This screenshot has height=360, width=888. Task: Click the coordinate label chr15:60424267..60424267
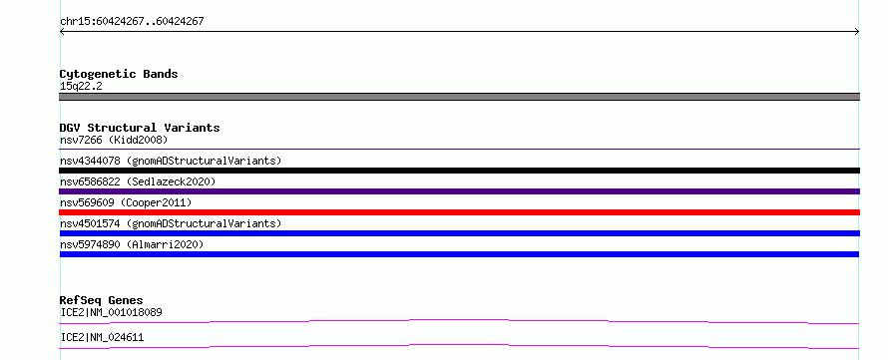pos(132,22)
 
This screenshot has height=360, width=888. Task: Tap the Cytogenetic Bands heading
pos(119,74)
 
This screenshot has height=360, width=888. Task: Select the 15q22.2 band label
pos(81,87)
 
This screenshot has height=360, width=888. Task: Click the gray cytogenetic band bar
pos(459,97)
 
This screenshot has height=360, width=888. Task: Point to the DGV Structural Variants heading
pos(140,128)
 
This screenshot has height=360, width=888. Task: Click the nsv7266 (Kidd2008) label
pos(114,140)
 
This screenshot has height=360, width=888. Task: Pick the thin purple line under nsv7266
pos(459,150)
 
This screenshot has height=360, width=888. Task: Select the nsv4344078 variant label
pos(171,161)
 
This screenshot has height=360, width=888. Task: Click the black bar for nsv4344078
pos(459,171)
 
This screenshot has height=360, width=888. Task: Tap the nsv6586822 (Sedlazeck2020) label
pos(138,181)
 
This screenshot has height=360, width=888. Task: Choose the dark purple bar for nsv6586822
pos(459,191)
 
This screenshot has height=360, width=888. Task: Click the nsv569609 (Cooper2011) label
pos(126,202)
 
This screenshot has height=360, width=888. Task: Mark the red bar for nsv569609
pos(459,212)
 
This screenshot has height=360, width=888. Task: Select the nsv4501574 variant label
pos(171,223)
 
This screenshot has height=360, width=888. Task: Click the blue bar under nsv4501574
pos(459,233)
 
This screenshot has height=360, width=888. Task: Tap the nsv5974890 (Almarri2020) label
pos(132,244)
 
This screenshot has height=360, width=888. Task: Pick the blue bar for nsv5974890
pos(459,254)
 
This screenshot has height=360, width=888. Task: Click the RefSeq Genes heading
pos(102,300)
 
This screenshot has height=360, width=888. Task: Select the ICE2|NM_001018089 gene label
pos(112,312)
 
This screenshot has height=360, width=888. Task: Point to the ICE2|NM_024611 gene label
pos(102,338)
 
